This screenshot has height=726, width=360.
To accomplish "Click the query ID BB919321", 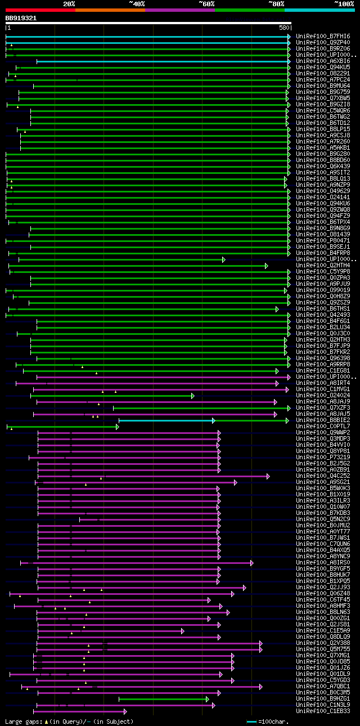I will (x=21, y=18).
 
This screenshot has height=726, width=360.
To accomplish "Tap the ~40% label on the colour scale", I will (x=137, y=4).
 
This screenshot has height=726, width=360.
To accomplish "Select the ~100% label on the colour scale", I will (x=344, y=4).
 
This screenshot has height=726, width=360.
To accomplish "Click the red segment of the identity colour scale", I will (x=40, y=10).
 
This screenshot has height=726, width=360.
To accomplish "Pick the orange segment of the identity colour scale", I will (x=110, y=10).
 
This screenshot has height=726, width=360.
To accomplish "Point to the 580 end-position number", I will (x=283, y=27).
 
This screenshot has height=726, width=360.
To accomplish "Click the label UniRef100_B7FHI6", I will (x=323, y=37).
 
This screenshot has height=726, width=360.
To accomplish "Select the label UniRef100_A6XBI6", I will (x=323, y=61).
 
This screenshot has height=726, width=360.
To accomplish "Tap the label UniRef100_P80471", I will (x=323, y=241).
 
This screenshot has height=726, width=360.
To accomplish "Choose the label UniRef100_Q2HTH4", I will (x=323, y=266).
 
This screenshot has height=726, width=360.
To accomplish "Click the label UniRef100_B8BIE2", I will (x=323, y=420).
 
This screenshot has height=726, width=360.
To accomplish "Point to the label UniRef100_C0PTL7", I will (x=323, y=427).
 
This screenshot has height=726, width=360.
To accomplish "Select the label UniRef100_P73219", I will (x=323, y=458).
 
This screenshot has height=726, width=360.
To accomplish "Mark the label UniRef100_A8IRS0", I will (x=323, y=563).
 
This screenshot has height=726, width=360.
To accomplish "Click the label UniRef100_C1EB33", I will (x=323, y=711).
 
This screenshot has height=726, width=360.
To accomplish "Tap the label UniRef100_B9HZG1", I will (x=323, y=699).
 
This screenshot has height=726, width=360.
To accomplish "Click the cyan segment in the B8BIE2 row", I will (x=166, y=420).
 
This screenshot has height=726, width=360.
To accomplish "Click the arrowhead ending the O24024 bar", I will (x=192, y=396).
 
